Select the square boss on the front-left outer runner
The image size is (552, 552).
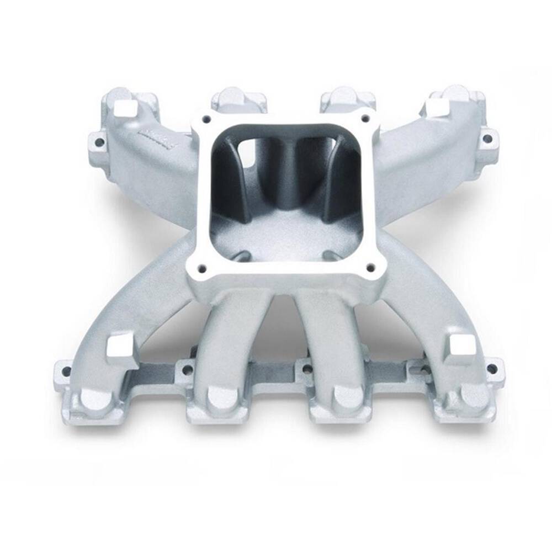tap(119, 347)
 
